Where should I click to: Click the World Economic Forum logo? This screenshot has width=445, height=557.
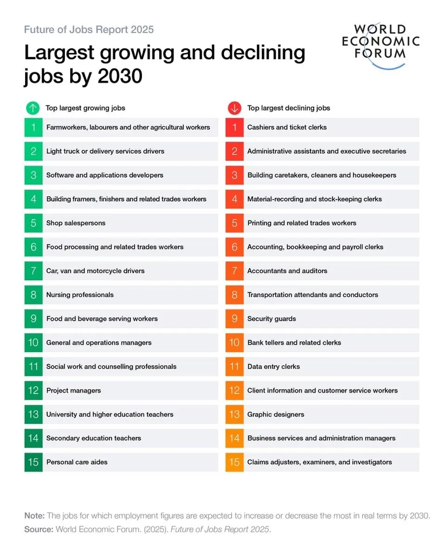click(381, 44)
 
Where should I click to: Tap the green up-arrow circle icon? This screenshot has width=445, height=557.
click(33, 108)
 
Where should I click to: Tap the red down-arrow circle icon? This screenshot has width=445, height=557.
click(234, 108)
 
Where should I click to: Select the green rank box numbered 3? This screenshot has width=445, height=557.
click(33, 175)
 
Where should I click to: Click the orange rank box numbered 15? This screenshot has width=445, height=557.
click(234, 462)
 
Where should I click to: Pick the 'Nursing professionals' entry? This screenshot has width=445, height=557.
click(80, 295)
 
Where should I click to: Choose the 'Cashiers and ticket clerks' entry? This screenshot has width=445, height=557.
click(287, 127)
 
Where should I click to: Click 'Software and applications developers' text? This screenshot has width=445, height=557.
click(104, 175)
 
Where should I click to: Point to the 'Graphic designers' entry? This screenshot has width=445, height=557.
click(276, 414)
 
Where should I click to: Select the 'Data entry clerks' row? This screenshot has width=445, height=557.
click(273, 366)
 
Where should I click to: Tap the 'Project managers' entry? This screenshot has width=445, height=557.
click(73, 390)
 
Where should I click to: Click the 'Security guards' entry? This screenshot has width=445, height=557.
click(271, 318)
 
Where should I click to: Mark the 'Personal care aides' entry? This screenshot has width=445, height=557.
click(77, 462)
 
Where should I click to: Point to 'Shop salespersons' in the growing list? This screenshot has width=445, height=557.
click(76, 223)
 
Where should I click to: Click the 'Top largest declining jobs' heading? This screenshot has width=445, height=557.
click(289, 108)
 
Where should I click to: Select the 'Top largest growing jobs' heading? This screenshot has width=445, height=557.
click(85, 108)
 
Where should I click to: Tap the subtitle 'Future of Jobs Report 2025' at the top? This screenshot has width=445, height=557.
click(89, 30)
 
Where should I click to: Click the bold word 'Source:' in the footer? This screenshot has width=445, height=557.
click(39, 529)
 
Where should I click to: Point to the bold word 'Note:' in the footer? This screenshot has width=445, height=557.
click(34, 516)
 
